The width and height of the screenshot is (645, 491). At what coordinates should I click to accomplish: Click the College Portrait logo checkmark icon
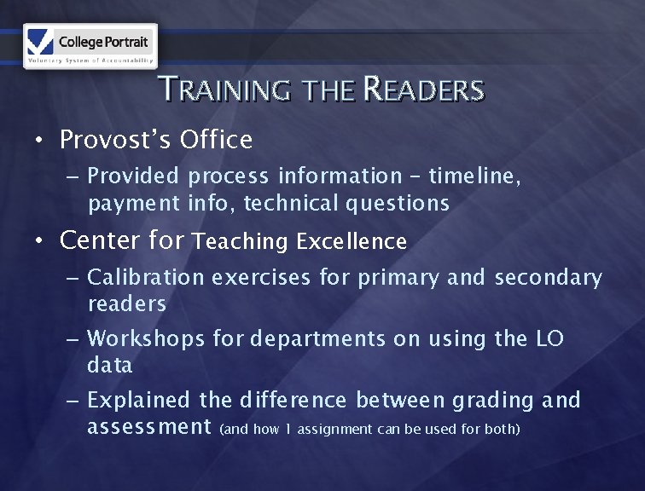click(40, 40)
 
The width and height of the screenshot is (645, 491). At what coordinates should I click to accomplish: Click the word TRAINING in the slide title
click(224, 90)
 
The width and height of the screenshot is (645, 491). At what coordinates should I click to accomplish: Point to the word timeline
click(474, 176)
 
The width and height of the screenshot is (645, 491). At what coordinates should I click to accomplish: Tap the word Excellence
click(352, 242)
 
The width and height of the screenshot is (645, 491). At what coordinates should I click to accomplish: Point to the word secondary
click(549, 277)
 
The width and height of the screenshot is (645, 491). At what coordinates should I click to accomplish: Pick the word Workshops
click(146, 338)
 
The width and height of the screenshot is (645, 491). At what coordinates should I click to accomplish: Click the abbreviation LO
click(550, 338)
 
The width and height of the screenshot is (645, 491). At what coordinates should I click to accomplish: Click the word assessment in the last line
click(149, 426)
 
